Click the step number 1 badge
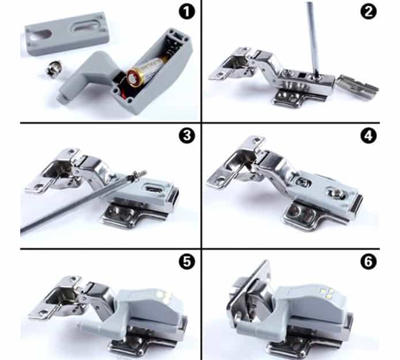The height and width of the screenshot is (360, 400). coord(186,12)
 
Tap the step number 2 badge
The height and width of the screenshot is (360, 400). coord(368,12)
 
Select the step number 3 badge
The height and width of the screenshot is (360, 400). coord(186,135)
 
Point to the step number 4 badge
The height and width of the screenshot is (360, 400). coord(368,135)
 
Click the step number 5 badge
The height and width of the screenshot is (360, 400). coord(186,262)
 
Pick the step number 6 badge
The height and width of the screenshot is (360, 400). coord(368,262)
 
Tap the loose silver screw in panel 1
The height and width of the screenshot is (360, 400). coord(54,68)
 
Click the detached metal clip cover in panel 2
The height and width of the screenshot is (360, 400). coord(357,87)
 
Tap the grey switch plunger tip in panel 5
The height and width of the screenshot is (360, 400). coord(81,326)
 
